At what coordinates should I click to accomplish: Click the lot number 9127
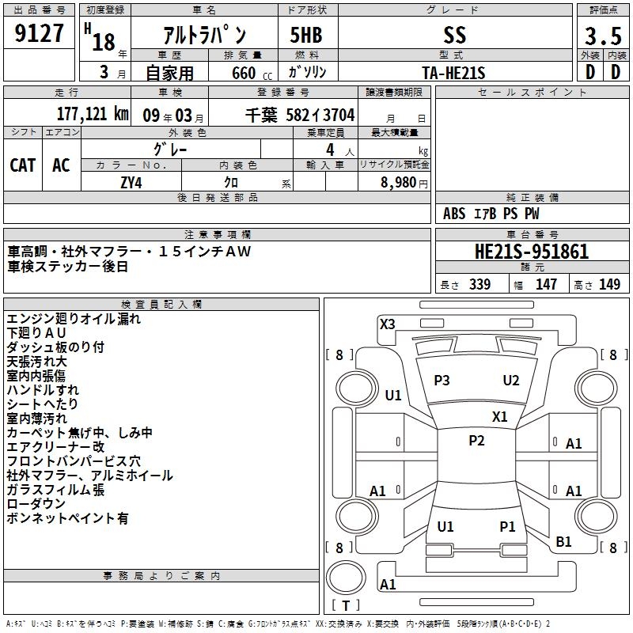(x=40, y=35)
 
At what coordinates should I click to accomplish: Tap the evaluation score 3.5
(x=602, y=36)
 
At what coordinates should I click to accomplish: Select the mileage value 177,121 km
(x=93, y=115)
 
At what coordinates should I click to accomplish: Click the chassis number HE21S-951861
(x=531, y=252)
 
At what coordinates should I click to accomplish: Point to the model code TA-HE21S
(x=453, y=72)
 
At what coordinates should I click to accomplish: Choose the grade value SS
(x=455, y=36)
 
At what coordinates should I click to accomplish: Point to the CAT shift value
(x=22, y=165)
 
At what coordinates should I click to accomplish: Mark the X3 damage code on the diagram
(x=387, y=324)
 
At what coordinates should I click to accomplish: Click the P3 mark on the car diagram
(x=442, y=381)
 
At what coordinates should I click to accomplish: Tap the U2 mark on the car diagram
(x=511, y=381)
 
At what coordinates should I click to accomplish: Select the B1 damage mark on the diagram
(x=563, y=542)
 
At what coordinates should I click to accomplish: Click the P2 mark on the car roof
(x=476, y=441)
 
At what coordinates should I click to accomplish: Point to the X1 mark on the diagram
(x=499, y=416)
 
